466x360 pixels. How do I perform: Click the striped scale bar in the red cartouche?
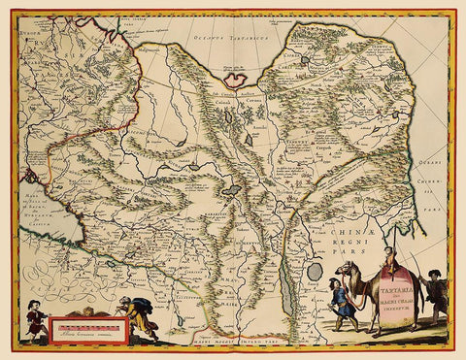point(88,327)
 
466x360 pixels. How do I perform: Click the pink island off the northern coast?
point(237,74)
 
